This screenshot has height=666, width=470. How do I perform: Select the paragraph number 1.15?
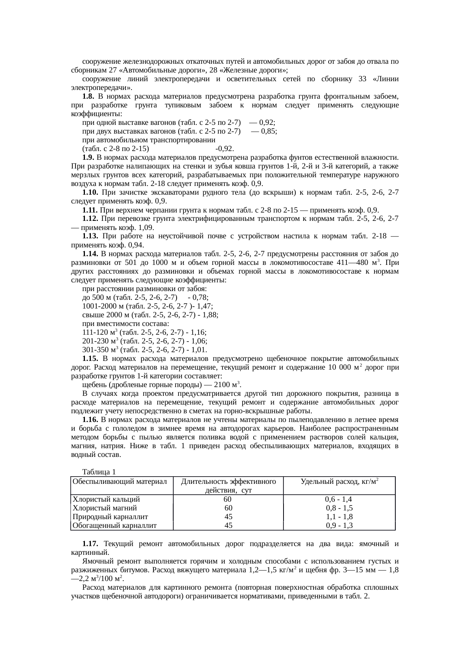(91, 359)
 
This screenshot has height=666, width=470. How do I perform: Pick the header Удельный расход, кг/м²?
(340, 482)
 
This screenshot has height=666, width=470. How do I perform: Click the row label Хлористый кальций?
(106, 499)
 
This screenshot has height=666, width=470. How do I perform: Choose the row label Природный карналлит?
(110, 516)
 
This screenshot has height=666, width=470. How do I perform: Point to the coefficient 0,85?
(268, 131)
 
